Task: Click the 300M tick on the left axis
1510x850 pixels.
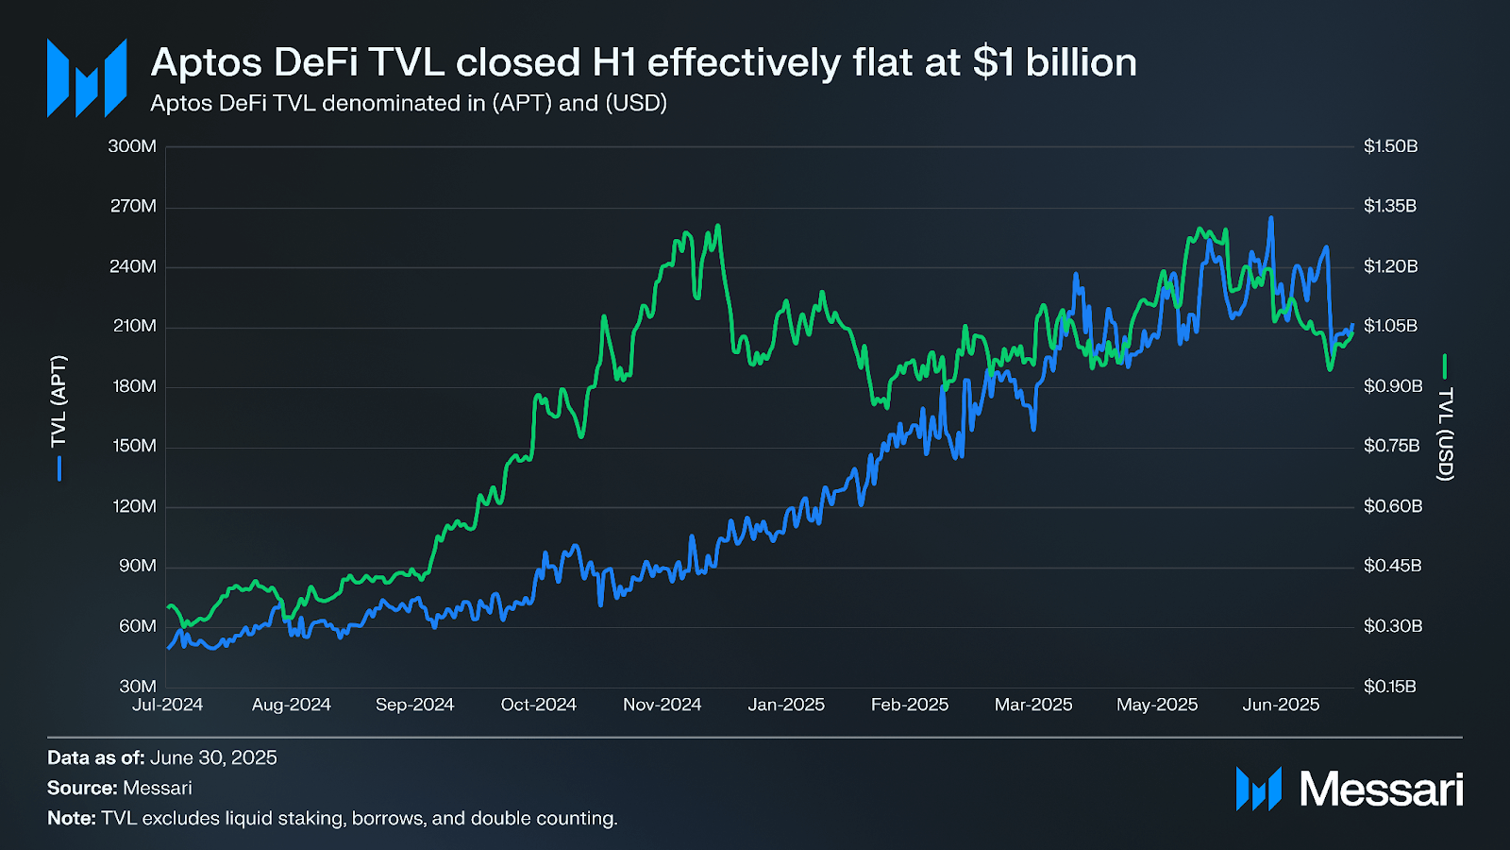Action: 132,146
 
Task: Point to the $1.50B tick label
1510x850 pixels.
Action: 1390,146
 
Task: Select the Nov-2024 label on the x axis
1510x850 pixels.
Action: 662,705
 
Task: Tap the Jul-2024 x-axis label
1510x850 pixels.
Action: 167,705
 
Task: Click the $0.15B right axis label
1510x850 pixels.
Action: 1389,687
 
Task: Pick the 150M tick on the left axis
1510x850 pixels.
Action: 134,446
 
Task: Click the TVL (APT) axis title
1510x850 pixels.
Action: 59,401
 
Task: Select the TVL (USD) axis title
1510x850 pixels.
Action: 1445,433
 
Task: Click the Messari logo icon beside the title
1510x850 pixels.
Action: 87,78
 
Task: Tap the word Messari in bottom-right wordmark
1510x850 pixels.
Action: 1381,789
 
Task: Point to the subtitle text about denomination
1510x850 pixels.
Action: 409,103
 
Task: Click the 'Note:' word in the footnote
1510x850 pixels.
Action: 72,818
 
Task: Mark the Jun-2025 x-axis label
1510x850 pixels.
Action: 1281,705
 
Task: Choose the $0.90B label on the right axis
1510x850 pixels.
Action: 1392,386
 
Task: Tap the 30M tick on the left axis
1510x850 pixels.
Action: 138,687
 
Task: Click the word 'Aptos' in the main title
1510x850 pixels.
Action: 207,62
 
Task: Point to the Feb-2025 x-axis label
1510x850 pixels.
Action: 909,705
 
